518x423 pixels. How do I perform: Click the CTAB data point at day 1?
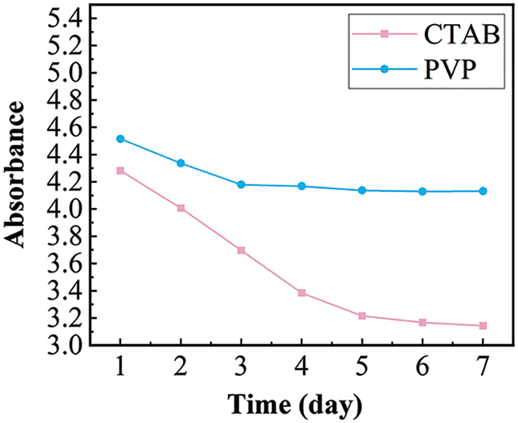pyautogui.click(x=121, y=170)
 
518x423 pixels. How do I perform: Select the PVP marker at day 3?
pyautogui.click(x=241, y=184)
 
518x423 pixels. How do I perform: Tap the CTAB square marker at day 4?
pyautogui.click(x=302, y=293)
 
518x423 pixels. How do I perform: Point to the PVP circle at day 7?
pyautogui.click(x=483, y=191)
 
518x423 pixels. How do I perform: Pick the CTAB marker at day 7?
pyautogui.click(x=483, y=326)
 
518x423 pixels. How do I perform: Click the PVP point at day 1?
pyautogui.click(x=121, y=139)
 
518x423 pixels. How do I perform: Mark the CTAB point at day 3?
pyautogui.click(x=241, y=250)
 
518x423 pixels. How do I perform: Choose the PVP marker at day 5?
pyautogui.click(x=362, y=190)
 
